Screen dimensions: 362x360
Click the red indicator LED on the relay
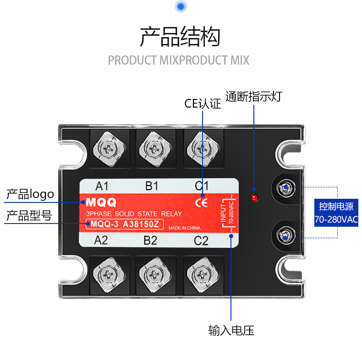(253, 198)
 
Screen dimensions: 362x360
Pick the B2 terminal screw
(154, 275)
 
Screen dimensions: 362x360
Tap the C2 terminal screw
(200, 275)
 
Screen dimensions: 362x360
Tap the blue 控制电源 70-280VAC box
(337, 213)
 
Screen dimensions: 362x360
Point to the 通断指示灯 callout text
(253, 97)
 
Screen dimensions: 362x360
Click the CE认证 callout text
(203, 104)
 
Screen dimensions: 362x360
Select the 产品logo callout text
(30, 194)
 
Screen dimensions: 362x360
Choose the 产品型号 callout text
(29, 216)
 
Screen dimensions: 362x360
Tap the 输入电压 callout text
(231, 330)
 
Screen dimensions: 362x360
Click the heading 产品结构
(180, 37)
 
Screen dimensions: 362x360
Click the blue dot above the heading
(181, 6)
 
